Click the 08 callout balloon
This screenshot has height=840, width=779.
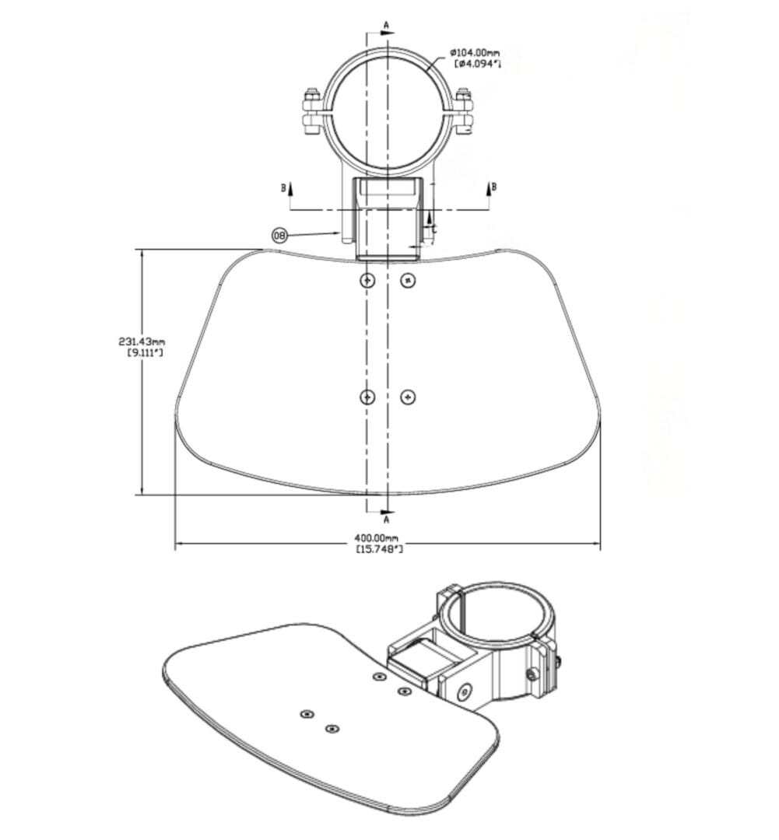click(x=280, y=235)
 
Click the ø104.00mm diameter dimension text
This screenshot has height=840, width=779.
click(x=475, y=53)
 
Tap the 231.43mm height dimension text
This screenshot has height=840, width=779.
click(x=142, y=341)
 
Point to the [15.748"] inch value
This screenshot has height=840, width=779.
click(x=379, y=549)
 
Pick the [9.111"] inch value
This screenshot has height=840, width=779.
click(x=145, y=352)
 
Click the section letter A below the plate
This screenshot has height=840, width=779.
click(x=386, y=520)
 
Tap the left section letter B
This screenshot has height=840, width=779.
click(x=283, y=187)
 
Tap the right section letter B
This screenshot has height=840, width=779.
click(x=493, y=187)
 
